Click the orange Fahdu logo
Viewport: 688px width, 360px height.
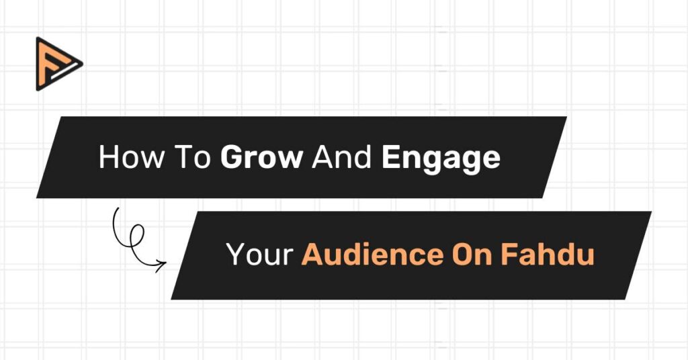point(57,64)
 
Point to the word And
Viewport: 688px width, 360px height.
point(343,157)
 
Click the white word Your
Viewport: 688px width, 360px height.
point(259,255)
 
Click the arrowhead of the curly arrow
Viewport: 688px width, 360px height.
point(162,265)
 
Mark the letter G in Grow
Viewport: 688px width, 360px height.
point(232,157)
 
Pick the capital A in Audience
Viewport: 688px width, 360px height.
point(312,255)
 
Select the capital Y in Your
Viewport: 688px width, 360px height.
point(235,255)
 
